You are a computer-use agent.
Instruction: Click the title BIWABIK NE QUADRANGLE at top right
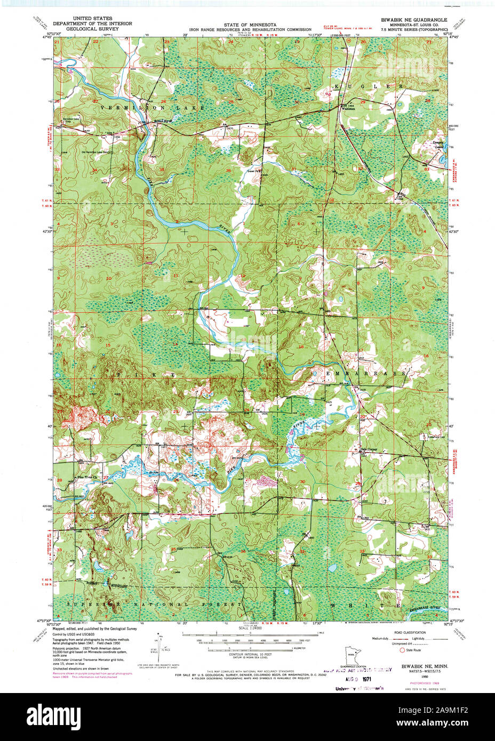(x=414, y=19)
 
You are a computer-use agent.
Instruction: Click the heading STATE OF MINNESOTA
(x=250, y=25)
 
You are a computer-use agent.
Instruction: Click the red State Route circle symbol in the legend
(x=402, y=650)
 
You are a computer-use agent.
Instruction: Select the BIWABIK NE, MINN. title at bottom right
(x=424, y=667)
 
